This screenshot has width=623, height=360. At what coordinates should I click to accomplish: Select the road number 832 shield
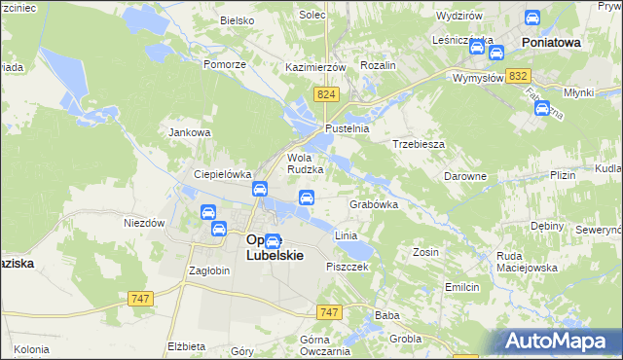coord(519,76)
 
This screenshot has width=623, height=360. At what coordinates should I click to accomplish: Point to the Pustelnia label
coord(348,128)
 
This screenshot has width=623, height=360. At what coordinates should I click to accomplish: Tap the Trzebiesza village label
coord(419,143)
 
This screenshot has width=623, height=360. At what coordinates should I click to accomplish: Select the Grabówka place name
coord(375,205)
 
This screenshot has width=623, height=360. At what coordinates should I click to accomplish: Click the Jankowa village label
coord(190,132)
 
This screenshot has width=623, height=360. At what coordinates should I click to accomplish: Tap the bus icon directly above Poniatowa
coord(532,18)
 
